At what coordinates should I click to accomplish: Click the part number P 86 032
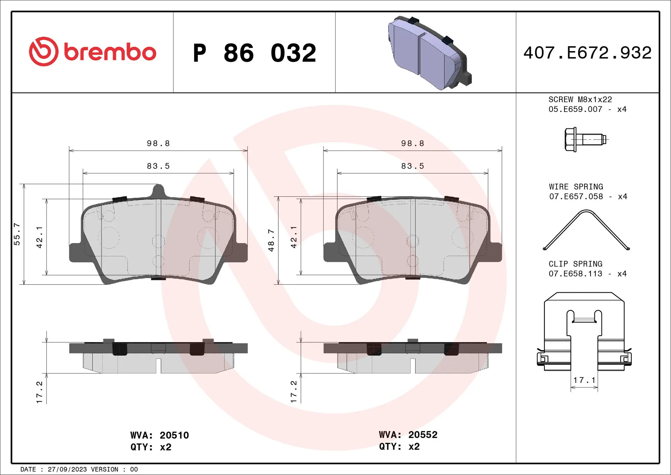click(254, 53)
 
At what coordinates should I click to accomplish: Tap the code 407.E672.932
click(587, 53)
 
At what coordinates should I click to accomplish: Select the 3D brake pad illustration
click(430, 52)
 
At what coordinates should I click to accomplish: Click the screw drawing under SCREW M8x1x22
click(586, 140)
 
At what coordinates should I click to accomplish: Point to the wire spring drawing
click(586, 230)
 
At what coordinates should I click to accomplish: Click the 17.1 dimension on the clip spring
click(584, 380)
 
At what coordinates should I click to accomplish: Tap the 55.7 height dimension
click(17, 234)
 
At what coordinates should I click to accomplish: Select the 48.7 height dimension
click(271, 240)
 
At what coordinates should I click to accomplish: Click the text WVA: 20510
click(159, 435)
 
